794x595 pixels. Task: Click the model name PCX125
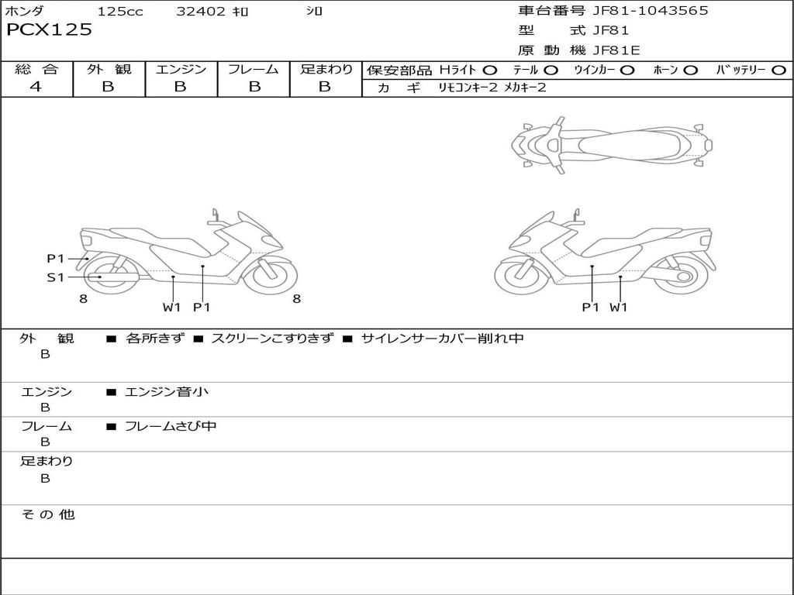49,30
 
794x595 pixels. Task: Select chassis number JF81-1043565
651,11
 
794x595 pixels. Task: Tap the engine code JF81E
616,50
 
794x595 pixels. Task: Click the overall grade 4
36,87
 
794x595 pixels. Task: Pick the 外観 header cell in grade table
109,69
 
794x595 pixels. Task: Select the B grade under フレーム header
254,87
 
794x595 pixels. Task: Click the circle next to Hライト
490,71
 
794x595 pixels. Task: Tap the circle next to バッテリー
778,71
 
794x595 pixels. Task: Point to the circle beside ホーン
690,71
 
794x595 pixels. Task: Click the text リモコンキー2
468,88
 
